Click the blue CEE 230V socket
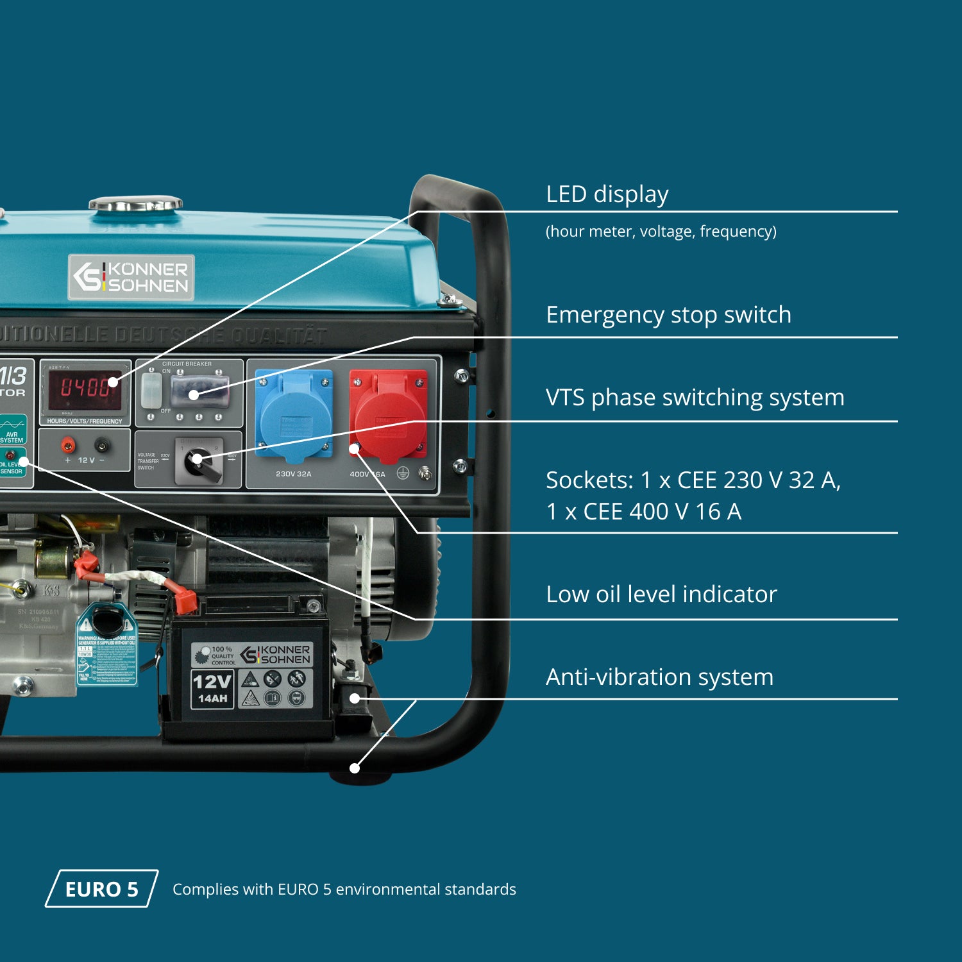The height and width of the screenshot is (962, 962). point(294,415)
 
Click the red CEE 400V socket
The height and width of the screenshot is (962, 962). point(388,415)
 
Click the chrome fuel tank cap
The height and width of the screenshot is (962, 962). point(135,204)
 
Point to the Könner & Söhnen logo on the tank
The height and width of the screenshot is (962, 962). point(131,277)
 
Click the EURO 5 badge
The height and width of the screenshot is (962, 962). point(101,889)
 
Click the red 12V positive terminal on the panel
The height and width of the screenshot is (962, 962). point(67,444)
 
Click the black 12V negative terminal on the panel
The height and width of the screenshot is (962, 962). point(101,444)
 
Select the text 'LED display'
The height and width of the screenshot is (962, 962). point(607,194)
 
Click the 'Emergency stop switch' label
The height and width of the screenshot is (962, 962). point(668,315)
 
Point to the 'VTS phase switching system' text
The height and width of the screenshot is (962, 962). point(695,398)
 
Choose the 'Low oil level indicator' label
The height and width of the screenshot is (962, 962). point(661,595)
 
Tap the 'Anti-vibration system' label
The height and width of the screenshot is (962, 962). point(659,677)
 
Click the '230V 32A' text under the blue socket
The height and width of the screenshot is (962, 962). point(293,474)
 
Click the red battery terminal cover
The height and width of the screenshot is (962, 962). point(185,600)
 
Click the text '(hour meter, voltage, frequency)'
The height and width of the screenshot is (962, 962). point(661,232)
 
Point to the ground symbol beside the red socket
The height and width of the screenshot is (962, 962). point(403,473)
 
